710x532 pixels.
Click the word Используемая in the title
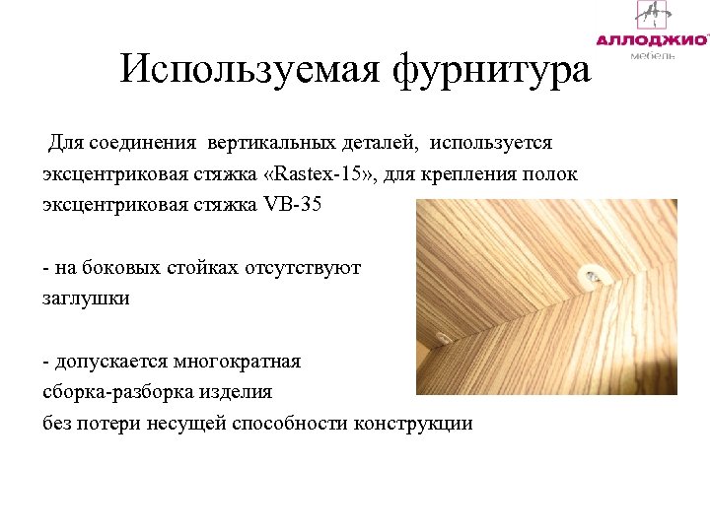pos(250,69)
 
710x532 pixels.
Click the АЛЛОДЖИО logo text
pos(652,40)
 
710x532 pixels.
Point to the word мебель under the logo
pos(653,56)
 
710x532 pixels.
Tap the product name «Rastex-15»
pos(320,175)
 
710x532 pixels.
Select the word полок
pos(549,175)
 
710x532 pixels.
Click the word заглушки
pos(86,297)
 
